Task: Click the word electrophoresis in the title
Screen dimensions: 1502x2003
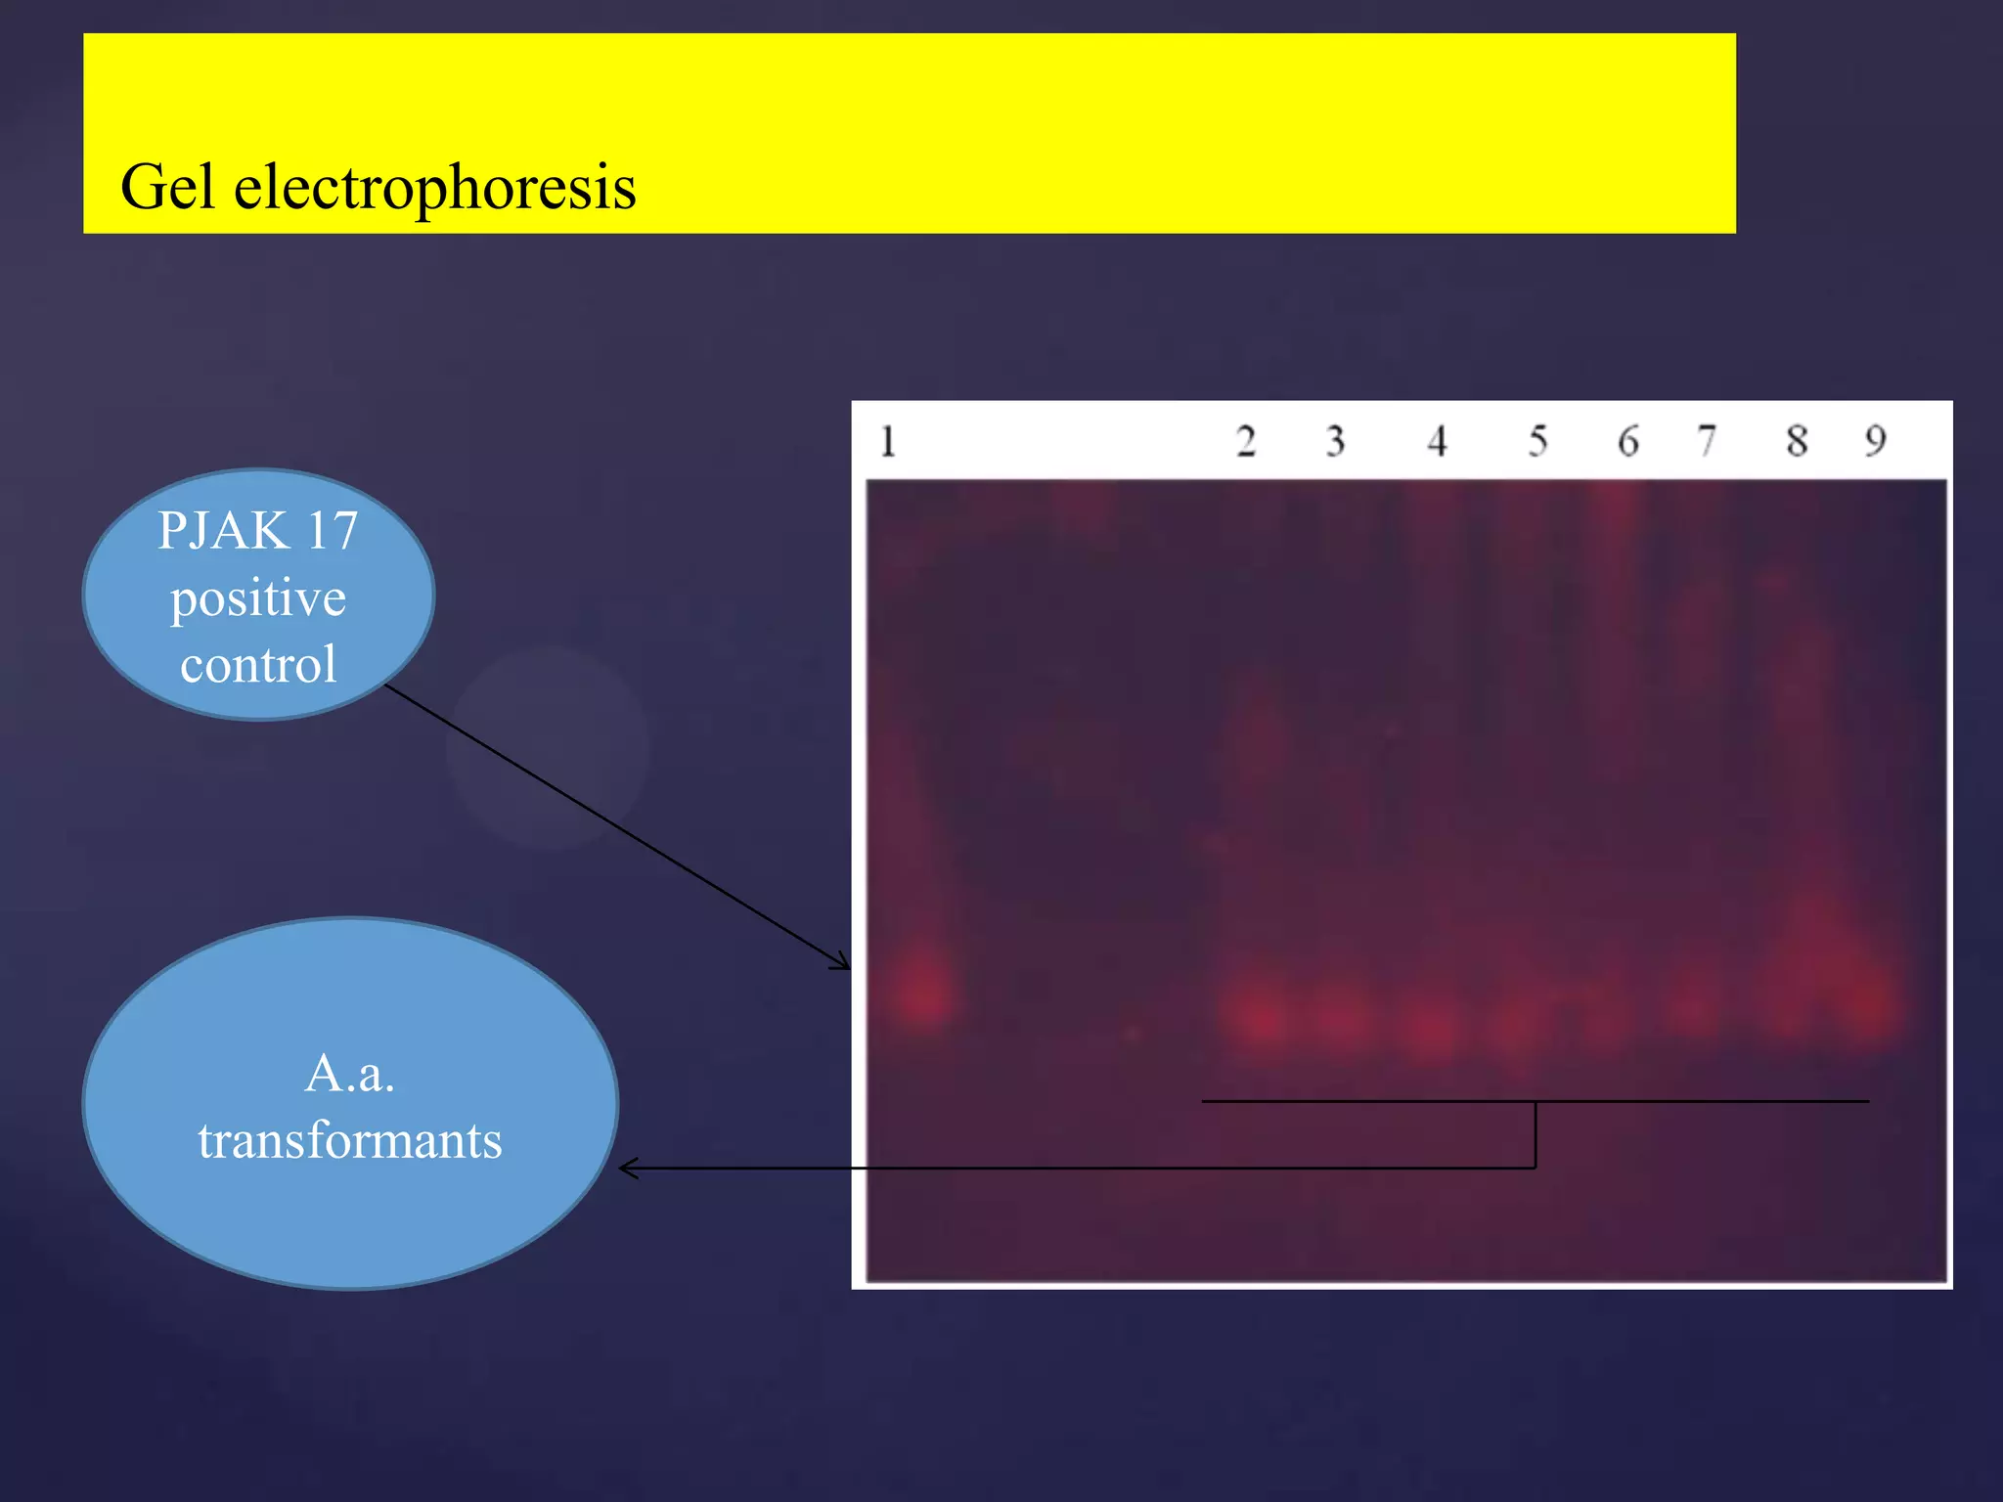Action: click(x=435, y=188)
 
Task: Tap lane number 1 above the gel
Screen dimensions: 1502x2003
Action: click(x=887, y=441)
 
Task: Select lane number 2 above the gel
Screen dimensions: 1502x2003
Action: click(x=1245, y=441)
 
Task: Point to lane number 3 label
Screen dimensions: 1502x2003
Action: click(x=1335, y=441)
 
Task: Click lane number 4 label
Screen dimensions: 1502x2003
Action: click(x=1436, y=441)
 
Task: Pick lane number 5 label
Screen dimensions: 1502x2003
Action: click(x=1537, y=441)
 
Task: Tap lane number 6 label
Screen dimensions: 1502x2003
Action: click(x=1627, y=441)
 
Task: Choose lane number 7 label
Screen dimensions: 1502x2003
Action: click(x=1707, y=441)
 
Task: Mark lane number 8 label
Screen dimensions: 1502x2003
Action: click(x=1797, y=441)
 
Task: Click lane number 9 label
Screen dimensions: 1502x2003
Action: click(x=1875, y=441)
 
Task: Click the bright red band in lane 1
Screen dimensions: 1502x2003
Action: click(x=922, y=993)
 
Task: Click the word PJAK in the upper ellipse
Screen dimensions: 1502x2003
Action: click(x=224, y=531)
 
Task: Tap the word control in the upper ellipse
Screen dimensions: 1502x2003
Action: click(x=258, y=665)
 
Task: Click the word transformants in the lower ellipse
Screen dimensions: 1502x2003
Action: click(x=350, y=1140)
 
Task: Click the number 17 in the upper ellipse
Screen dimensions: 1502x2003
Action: click(x=332, y=531)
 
